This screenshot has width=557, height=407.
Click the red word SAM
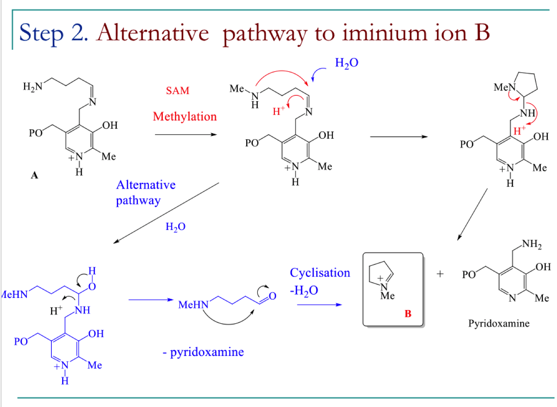[x=177, y=90]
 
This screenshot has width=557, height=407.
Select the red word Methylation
[x=185, y=116]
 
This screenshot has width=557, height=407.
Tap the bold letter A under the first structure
[x=34, y=175]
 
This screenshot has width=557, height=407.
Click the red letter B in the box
[x=408, y=313]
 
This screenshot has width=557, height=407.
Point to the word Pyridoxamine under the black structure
[x=499, y=324]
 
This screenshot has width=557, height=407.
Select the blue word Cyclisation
[x=320, y=273]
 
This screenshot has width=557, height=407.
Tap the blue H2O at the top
[x=346, y=63]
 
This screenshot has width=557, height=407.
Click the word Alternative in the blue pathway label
[x=146, y=185]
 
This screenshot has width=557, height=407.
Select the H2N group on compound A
[x=33, y=87]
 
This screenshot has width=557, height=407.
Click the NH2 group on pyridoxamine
[x=532, y=244]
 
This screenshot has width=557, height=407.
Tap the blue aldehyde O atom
[x=273, y=296]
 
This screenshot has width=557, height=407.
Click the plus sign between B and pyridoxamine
[x=440, y=274]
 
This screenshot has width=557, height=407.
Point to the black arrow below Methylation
[x=186, y=135]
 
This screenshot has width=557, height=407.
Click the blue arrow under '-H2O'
[x=320, y=305]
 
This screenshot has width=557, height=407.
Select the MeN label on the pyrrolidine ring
[x=505, y=87]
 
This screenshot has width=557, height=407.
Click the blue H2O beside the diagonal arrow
[x=176, y=227]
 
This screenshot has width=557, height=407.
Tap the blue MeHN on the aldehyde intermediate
[x=193, y=305]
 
